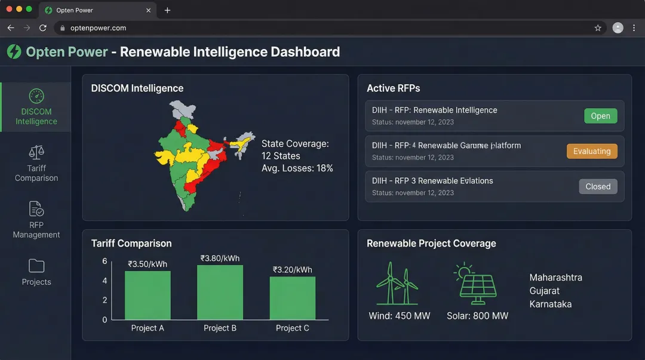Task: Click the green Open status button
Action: [x=600, y=116]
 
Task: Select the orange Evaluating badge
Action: [x=591, y=152]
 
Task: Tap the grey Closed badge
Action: [x=598, y=187]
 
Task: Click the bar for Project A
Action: [x=148, y=295]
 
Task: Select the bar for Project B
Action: [x=220, y=292]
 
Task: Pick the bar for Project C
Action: [x=292, y=298]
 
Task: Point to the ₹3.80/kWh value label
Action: [x=220, y=259]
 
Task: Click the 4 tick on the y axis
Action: [x=105, y=281]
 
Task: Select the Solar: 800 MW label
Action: [x=477, y=316]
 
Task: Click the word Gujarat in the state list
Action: [x=545, y=291]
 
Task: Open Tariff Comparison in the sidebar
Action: [x=36, y=163]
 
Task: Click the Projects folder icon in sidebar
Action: [x=36, y=266]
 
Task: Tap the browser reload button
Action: [x=43, y=28]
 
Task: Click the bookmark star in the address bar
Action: [x=598, y=28]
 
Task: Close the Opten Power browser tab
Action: [x=149, y=10]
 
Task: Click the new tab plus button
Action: [x=167, y=10]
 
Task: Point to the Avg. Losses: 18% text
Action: [x=297, y=168]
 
